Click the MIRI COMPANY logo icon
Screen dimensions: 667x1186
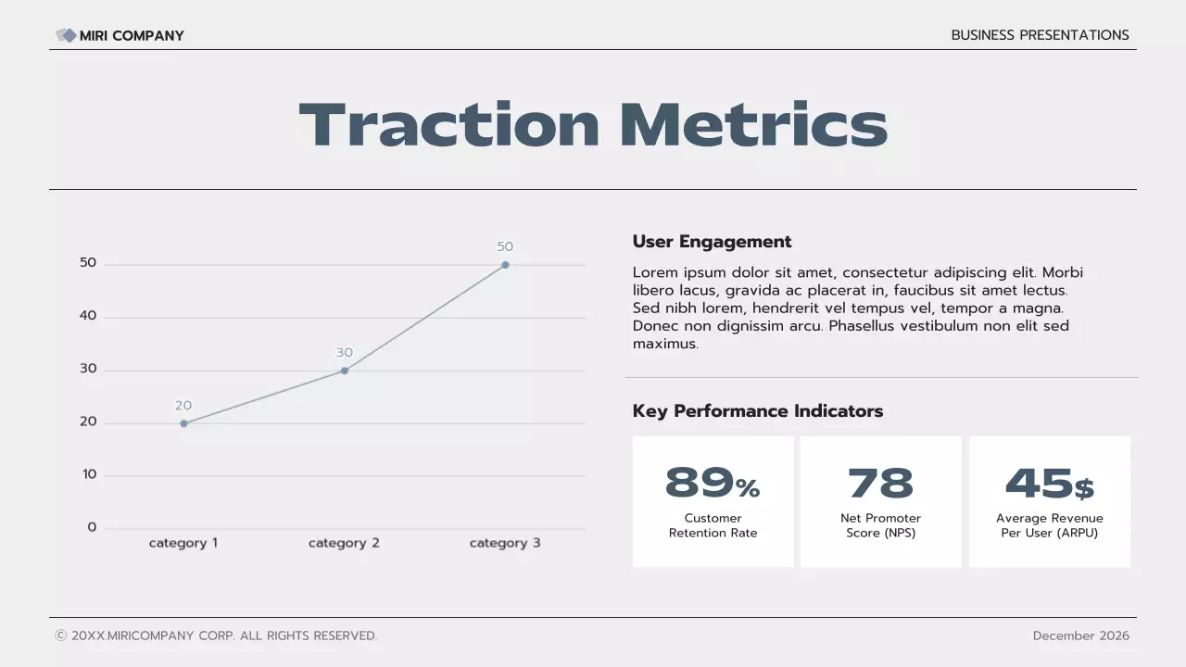point(66,35)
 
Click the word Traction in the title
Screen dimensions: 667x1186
point(449,125)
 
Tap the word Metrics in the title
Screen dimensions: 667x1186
point(752,125)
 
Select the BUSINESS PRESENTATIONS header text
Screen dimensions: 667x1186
point(1040,35)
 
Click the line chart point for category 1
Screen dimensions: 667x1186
point(183,423)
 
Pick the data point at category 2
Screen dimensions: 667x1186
point(345,371)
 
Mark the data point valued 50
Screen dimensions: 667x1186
point(505,265)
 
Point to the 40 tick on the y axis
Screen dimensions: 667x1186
point(88,316)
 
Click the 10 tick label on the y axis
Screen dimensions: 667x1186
point(89,474)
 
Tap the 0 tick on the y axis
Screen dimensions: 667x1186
point(92,527)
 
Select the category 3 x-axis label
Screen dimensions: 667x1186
point(505,543)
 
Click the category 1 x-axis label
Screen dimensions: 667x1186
point(183,543)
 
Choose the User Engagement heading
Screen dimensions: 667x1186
point(712,242)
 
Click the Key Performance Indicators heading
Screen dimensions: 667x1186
point(757,411)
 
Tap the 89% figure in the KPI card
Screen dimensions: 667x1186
point(712,484)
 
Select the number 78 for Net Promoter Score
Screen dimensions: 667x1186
point(880,484)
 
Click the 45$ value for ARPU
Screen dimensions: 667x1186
point(1049,484)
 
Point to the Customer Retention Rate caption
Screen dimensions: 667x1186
point(713,525)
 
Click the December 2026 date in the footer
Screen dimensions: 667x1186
point(1080,636)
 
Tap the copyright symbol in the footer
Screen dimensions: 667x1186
point(61,636)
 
